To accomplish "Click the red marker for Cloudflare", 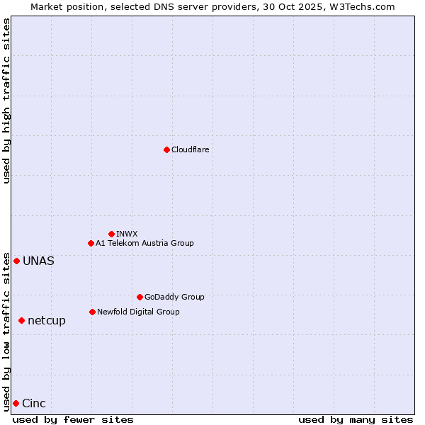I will (x=166, y=149).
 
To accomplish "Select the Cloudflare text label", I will (x=190, y=149).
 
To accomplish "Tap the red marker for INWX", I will (x=111, y=234).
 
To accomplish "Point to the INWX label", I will (x=127, y=234).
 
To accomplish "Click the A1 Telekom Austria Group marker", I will (x=91, y=243).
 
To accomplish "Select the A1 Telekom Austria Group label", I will (x=144, y=243).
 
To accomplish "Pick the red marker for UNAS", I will (x=16, y=261).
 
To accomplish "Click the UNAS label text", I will (x=38, y=261).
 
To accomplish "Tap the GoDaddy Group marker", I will (x=140, y=297).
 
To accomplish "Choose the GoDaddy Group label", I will (x=174, y=297).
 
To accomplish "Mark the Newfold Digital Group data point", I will (x=92, y=312).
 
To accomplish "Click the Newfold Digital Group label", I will (x=138, y=312).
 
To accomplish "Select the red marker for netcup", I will (x=21, y=320).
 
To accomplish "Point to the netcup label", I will (x=47, y=320).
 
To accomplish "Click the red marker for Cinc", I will (x=16, y=403).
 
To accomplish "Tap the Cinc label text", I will (x=34, y=403).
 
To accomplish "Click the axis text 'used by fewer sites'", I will (x=73, y=419).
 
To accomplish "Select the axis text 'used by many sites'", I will (x=356, y=419).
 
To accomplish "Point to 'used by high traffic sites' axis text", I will (x=6, y=101).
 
